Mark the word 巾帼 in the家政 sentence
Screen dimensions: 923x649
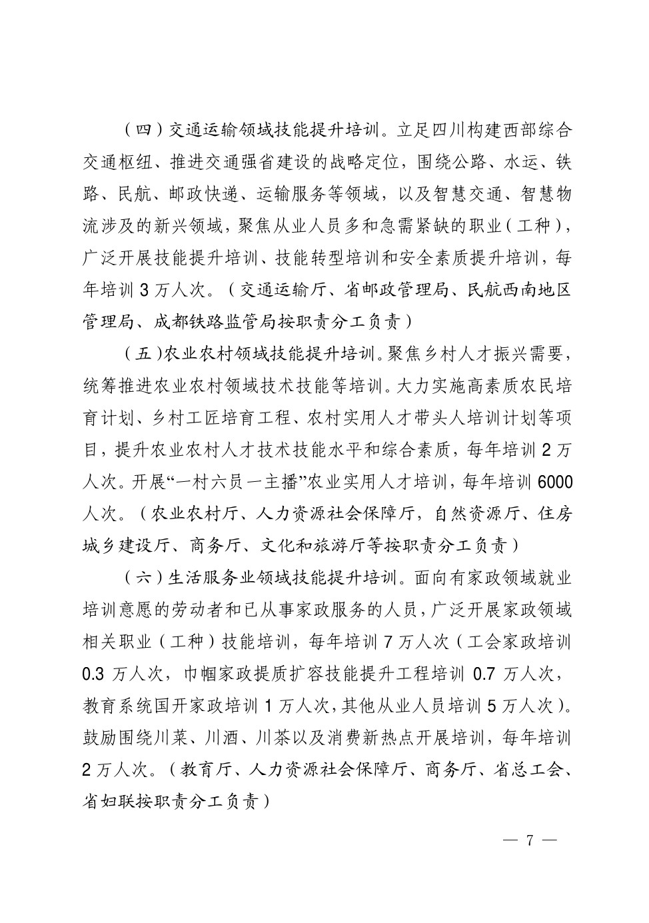201,674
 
